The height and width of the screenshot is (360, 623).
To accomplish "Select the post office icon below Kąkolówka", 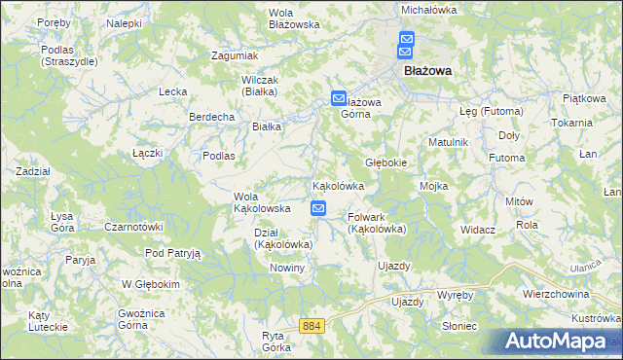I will tap(318, 208).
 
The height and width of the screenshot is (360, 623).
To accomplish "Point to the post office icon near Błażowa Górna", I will tap(338, 97).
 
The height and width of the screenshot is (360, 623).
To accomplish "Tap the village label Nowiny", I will tap(287, 268).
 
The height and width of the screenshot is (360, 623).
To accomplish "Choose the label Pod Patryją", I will tap(172, 253).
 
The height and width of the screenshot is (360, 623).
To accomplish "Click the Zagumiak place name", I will tap(235, 55).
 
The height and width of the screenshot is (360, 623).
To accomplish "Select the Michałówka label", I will tap(429, 9).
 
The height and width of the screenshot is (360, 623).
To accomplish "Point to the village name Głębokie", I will tap(385, 162).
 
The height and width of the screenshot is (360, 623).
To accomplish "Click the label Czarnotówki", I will tap(133, 227).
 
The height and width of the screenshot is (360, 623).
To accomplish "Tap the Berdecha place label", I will tap(212, 117).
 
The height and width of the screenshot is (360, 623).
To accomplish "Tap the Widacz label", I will tap(479, 230).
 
